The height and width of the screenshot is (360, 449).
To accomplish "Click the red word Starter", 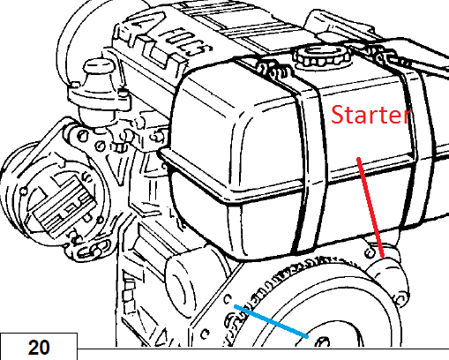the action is point(371,115).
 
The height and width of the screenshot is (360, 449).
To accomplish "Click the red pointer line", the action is point(370,207).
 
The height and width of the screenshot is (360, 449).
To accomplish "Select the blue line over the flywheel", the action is point(271,321).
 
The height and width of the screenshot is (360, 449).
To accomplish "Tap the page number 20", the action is point(39,348).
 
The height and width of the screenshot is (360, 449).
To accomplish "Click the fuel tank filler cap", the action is point(323,56).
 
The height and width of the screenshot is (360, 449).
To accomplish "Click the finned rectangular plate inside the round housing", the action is point(64,206).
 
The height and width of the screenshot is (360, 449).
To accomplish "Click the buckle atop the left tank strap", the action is point(273,70).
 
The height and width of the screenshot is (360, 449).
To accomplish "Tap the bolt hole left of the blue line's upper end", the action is point(228,299).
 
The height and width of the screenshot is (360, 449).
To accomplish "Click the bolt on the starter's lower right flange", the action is point(400,300).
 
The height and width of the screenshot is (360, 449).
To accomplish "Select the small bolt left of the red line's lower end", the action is point(370,252).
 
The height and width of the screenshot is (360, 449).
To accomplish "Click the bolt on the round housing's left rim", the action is point(24,191).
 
